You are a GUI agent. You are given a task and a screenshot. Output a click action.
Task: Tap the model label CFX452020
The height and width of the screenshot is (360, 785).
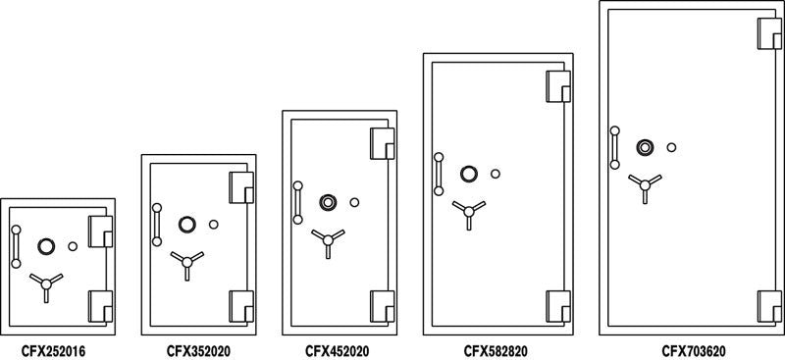coord(338,348)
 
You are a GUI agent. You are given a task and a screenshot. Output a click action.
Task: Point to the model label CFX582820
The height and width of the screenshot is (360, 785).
coord(497,348)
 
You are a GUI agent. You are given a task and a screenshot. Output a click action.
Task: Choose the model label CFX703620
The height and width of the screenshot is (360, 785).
coord(692,348)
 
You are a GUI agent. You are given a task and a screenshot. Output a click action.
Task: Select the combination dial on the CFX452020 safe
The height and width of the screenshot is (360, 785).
coord(328,203)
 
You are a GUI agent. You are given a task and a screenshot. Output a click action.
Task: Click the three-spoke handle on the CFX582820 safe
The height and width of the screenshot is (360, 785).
coord(467,209)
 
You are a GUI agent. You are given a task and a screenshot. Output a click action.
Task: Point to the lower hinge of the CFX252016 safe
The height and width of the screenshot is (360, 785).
coord(101,306)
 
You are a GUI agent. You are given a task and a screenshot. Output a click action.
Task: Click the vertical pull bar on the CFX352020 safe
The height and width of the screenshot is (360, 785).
coord(156,223)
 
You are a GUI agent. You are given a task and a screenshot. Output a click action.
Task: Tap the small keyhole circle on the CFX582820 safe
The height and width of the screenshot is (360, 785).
coord(495,175)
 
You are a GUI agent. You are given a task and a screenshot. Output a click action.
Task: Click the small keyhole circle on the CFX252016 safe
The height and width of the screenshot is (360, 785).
coord(74,246)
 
